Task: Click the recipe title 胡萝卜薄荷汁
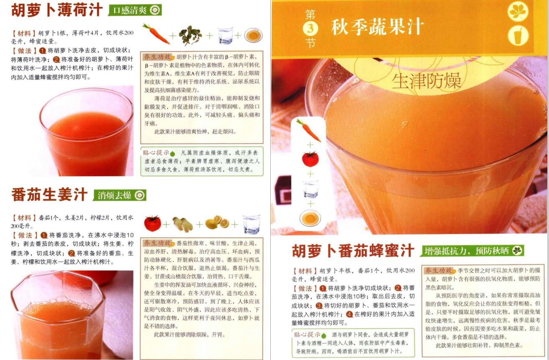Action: (x=56, y=10)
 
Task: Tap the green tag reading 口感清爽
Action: (x=135, y=10)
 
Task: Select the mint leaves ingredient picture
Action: (x=190, y=35)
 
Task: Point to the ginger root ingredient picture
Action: (x=182, y=224)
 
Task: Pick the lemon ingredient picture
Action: (x=217, y=223)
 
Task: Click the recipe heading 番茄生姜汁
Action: (x=49, y=195)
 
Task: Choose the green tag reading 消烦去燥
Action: (x=120, y=195)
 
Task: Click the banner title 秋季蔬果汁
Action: (x=377, y=26)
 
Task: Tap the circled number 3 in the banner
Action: (x=310, y=28)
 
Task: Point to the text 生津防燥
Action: (x=426, y=81)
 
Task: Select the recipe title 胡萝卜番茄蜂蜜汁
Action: (x=353, y=251)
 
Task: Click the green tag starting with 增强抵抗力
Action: (x=472, y=251)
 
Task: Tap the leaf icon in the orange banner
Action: (x=518, y=11)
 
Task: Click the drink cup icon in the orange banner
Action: (x=518, y=36)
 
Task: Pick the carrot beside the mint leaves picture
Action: (x=156, y=34)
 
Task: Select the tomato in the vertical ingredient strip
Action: (x=310, y=159)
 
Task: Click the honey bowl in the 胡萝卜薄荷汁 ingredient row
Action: (x=254, y=35)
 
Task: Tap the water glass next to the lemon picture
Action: (x=251, y=224)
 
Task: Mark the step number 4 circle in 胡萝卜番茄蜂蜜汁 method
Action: (x=349, y=314)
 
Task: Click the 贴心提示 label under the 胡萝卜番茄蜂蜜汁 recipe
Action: (x=307, y=334)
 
